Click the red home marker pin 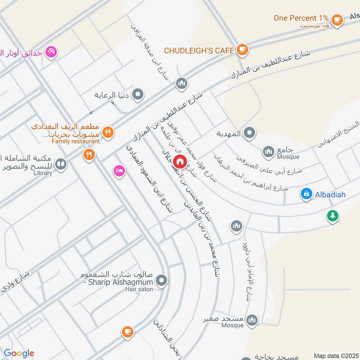coord(180,161)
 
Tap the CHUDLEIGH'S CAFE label coord(199,50)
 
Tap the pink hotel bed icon coord(119,171)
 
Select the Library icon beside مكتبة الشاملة coord(61,164)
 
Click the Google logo coord(18,353)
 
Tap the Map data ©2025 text coord(335,355)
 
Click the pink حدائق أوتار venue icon coord(51,52)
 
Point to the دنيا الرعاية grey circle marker coord(139,95)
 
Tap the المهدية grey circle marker coord(251,133)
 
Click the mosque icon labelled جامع coord(269,151)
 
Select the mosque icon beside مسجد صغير coord(252,319)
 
